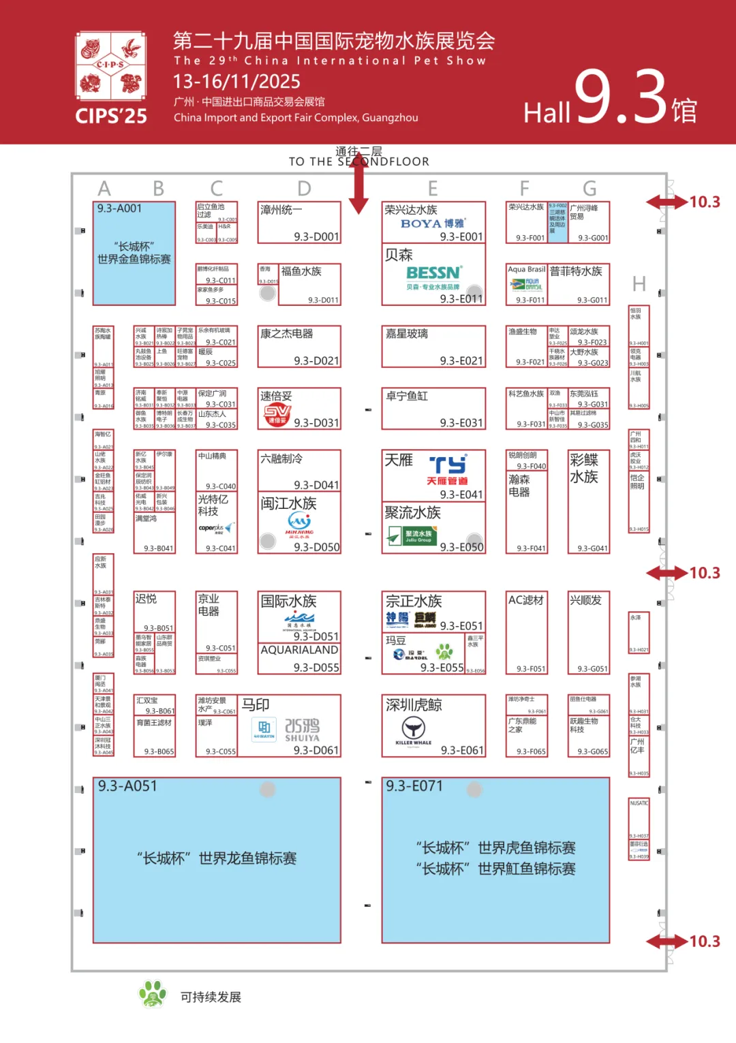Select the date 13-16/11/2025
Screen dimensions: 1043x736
(236, 82)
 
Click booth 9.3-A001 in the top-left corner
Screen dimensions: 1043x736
(119, 208)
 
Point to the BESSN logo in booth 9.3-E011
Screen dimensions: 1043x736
(434, 273)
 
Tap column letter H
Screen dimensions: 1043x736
(639, 284)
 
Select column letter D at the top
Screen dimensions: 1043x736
(304, 188)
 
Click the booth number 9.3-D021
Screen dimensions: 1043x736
(316, 360)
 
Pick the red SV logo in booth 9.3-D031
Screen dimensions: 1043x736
(277, 414)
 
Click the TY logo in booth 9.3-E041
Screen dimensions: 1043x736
(448, 465)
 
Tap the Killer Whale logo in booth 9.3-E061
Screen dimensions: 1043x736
(414, 730)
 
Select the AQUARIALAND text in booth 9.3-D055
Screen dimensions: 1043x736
(299, 650)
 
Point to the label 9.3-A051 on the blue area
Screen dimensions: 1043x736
(127, 786)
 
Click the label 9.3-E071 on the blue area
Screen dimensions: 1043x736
(414, 786)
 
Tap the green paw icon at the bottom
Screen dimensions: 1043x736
(153, 994)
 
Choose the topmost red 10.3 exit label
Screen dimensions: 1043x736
(704, 202)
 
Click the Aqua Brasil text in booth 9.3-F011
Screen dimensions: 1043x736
(527, 270)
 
